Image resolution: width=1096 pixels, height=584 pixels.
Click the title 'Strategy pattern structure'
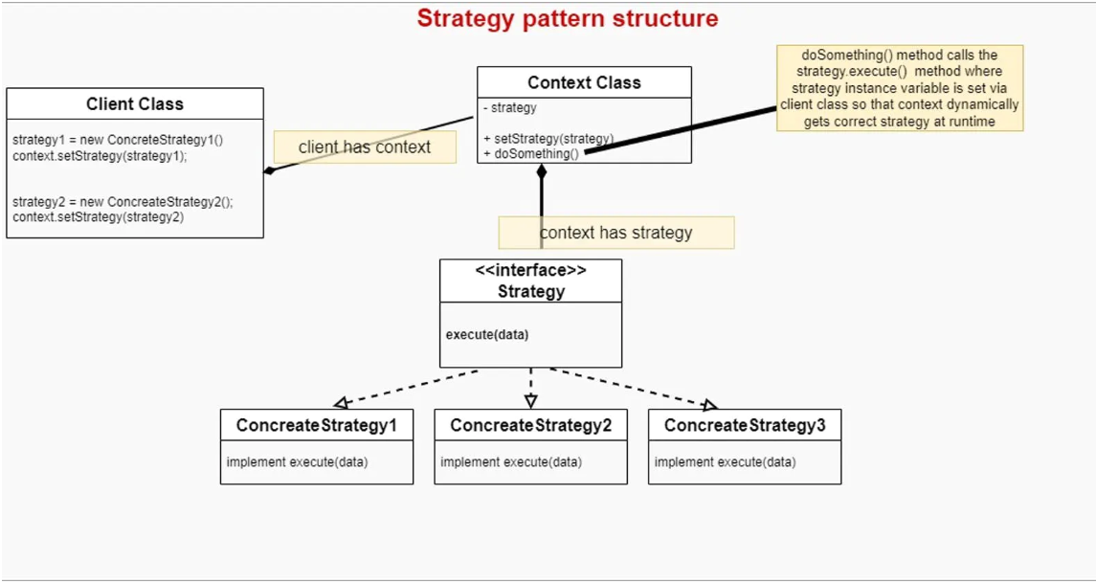pyautogui.click(x=567, y=18)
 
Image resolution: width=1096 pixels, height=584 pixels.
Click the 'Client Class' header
pyautogui.click(x=134, y=104)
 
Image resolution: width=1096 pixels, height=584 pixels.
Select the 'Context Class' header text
pyautogui.click(x=584, y=83)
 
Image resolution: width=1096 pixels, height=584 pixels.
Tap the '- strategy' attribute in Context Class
pyautogui.click(x=510, y=108)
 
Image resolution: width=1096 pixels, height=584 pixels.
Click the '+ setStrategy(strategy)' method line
pyautogui.click(x=548, y=139)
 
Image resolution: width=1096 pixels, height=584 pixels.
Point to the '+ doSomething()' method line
pyautogui.click(x=532, y=154)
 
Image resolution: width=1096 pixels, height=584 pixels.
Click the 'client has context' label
pyautogui.click(x=365, y=147)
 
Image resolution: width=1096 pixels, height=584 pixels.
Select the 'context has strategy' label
pyautogui.click(x=615, y=233)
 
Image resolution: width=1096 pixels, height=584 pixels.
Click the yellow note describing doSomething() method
pyautogui.click(x=899, y=88)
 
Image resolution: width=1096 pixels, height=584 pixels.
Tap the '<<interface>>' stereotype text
pyautogui.click(x=530, y=271)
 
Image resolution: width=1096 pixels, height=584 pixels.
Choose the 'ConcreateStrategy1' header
pyautogui.click(x=317, y=425)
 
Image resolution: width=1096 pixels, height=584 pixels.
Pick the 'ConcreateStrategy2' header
pyautogui.click(x=530, y=425)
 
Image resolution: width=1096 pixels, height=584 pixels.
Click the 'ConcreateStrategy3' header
pyautogui.click(x=744, y=425)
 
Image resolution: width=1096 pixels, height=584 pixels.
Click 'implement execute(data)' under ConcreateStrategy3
pyautogui.click(x=725, y=462)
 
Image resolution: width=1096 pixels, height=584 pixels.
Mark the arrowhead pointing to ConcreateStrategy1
pyautogui.click(x=340, y=403)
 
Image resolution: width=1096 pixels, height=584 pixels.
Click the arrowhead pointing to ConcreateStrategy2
pyautogui.click(x=530, y=401)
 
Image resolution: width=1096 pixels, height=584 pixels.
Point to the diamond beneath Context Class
pyautogui.click(x=541, y=172)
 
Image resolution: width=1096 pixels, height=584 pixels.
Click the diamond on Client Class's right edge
pyautogui.click(x=270, y=170)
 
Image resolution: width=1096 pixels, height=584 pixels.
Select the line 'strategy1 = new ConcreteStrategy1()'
pyautogui.click(x=118, y=140)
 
